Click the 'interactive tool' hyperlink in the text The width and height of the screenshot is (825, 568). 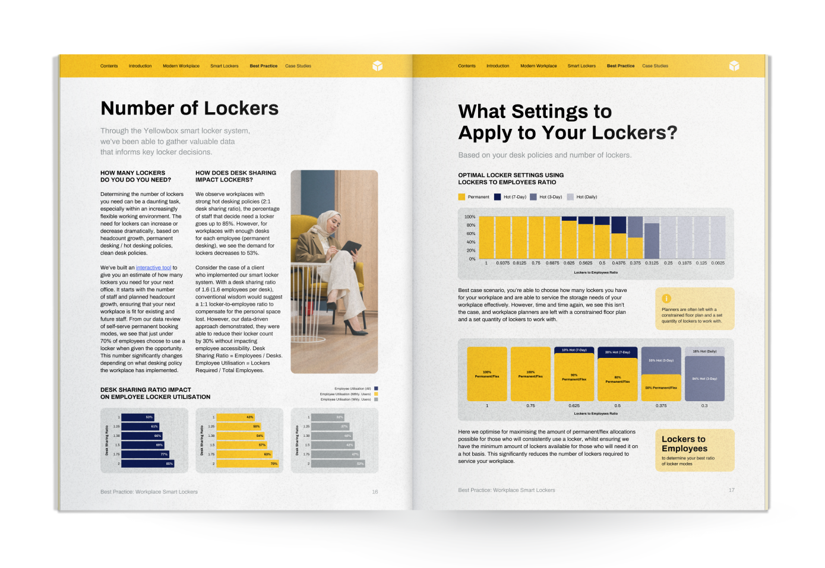point(153,268)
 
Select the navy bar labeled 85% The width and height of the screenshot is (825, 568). point(147,464)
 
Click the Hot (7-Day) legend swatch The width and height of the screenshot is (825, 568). point(497,197)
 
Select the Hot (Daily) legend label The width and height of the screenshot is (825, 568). point(586,197)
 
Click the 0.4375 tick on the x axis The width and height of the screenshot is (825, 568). point(618,263)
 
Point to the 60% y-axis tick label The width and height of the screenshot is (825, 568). point(470,234)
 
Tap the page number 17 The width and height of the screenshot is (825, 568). point(731,490)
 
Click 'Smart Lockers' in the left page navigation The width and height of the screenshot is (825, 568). point(224,66)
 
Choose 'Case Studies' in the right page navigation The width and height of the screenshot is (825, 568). point(655,66)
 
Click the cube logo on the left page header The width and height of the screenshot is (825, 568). point(377,66)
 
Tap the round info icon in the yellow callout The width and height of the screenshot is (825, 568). point(666,299)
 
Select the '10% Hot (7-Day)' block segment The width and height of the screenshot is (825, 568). point(574,350)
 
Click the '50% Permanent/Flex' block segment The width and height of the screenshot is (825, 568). point(661,388)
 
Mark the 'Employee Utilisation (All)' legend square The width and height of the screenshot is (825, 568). point(376,389)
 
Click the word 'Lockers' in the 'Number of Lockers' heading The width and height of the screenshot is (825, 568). point(241,109)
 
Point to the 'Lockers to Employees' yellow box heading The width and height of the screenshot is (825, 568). point(684,444)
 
